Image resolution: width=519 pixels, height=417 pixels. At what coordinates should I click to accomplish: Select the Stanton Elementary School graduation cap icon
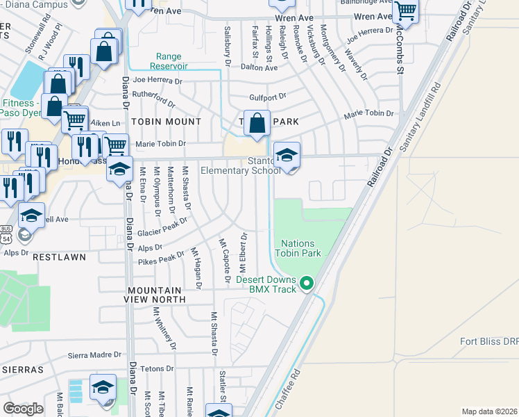pos(286,155)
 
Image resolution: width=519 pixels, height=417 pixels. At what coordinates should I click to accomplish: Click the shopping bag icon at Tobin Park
pos(256,123)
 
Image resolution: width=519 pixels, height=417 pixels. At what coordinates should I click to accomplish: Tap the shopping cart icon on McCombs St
pos(405,10)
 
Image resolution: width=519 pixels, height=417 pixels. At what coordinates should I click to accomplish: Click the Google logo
pos(23,409)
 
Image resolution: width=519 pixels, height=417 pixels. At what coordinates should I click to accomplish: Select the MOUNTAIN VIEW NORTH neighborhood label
pos(156,295)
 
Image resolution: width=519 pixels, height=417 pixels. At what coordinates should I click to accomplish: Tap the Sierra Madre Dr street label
pos(94,355)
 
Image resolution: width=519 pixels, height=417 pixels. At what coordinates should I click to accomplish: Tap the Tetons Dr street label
pos(156,368)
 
